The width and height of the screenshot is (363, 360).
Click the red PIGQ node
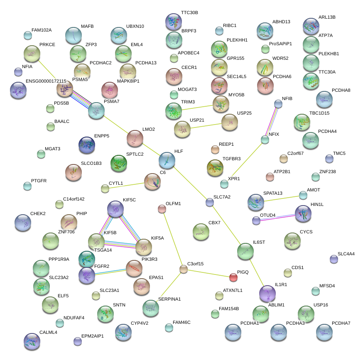(x=233, y=277)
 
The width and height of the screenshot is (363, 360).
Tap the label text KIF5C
(x=129, y=200)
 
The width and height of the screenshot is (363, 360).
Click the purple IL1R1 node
(x=267, y=294)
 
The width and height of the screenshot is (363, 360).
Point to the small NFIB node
(x=278, y=103)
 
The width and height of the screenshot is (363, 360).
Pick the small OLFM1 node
(x=162, y=209)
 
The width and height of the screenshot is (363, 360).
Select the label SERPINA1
(x=169, y=299)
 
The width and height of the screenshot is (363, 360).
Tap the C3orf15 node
(x=184, y=269)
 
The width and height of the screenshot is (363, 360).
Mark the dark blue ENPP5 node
(x=87, y=145)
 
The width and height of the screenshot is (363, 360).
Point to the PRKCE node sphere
(x=32, y=54)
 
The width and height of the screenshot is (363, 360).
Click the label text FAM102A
(x=42, y=30)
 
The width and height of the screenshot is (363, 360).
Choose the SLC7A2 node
(x=210, y=202)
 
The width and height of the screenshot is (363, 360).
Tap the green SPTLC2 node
(x=119, y=163)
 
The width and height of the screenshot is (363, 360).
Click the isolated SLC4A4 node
(x=334, y=259)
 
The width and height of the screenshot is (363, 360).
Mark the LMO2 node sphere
(x=135, y=138)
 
